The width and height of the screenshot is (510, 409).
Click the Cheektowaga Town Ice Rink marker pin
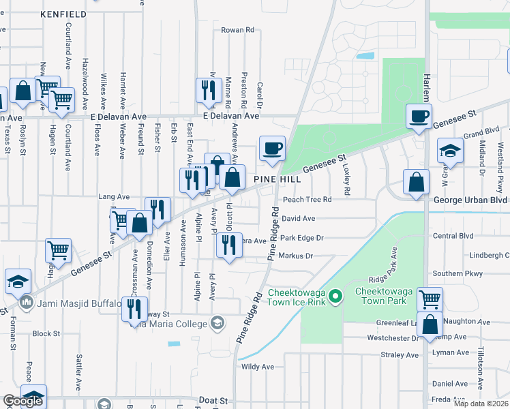coord(335,297)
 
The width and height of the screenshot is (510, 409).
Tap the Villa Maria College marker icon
coord(217,323)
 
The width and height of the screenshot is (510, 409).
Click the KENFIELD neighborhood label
coord(63,14)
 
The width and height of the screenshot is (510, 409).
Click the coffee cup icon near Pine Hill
coord(272,149)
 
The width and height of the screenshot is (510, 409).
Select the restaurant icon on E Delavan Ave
coord(207,90)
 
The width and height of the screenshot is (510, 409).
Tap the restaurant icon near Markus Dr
coord(228,244)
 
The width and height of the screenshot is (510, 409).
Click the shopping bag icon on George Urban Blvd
coord(415,182)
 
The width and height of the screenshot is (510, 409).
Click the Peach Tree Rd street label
coord(307,200)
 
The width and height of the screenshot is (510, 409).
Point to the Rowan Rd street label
coord(237,30)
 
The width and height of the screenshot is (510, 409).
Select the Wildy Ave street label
coord(257,367)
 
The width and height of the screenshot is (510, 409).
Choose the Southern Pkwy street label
coord(457,274)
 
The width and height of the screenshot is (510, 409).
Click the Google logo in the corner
coord(22,402)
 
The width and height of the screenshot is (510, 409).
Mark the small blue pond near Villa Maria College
coord(173,344)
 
